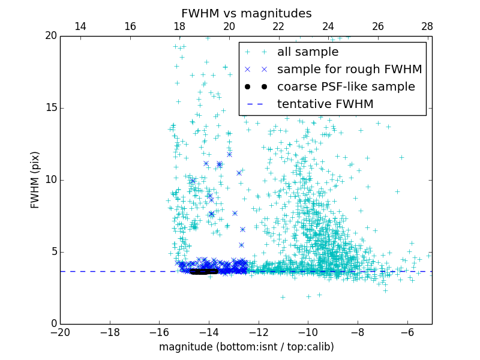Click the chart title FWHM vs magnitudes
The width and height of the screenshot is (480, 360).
pyautogui.click(x=246, y=13)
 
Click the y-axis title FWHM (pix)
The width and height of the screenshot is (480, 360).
pyautogui.click(x=35, y=179)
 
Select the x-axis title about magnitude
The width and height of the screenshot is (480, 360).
pyautogui.click(x=246, y=347)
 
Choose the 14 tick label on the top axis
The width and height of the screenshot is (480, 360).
pyautogui.click(x=80, y=26)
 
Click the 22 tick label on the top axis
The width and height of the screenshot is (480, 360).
pyautogui.click(x=278, y=26)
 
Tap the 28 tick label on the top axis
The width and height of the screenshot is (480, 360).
pyautogui.click(x=427, y=26)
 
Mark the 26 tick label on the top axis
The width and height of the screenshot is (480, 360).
pyautogui.click(x=377, y=26)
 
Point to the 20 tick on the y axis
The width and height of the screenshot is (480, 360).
pyautogui.click(x=50, y=36)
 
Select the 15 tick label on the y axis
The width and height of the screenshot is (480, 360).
pyautogui.click(x=50, y=108)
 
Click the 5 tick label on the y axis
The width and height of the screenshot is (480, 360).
pyautogui.click(x=53, y=251)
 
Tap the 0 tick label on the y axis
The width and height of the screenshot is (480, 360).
pyautogui.click(x=53, y=323)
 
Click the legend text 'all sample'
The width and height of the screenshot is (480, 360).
pyautogui.click(x=308, y=52)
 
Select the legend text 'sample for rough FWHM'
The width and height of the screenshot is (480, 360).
pyautogui.click(x=349, y=70)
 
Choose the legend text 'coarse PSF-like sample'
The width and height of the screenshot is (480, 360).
pyautogui.click(x=346, y=87)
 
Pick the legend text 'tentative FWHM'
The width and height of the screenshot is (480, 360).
pyautogui.click(x=325, y=104)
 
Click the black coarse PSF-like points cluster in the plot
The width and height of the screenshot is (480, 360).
pyautogui.click(x=204, y=271)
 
